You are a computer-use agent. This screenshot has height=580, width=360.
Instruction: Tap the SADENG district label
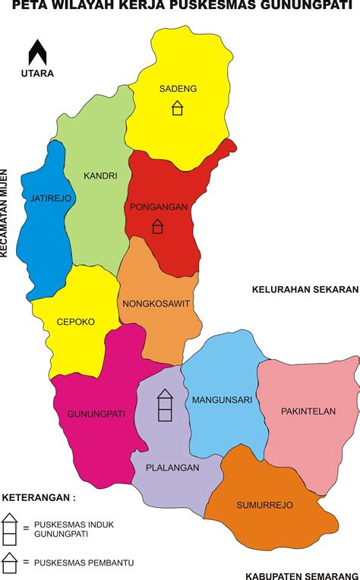178,89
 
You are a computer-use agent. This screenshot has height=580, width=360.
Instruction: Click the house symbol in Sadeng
177,108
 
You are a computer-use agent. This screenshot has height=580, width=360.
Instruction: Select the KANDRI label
101,175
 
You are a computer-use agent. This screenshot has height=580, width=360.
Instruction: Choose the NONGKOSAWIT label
156,304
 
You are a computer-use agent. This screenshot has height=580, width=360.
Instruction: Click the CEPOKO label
76,322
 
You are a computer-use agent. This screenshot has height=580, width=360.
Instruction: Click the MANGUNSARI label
222,399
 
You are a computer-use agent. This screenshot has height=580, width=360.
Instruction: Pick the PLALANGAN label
174,468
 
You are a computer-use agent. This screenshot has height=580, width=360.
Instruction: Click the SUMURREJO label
264,505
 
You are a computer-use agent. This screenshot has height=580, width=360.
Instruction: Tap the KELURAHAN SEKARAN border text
304,288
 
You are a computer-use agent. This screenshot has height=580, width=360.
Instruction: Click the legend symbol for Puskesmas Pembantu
10,562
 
